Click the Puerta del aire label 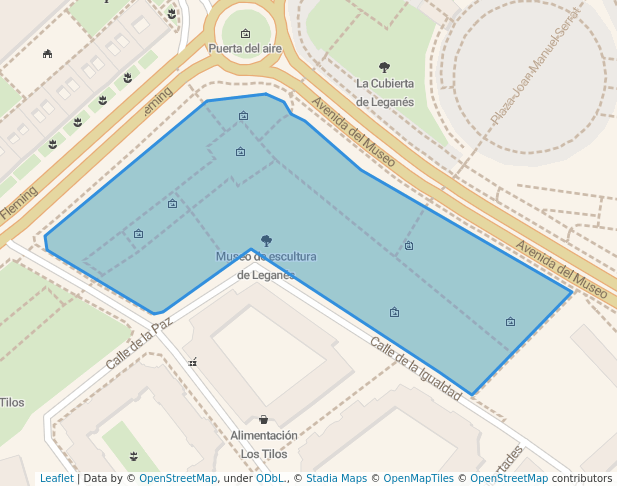pos(245,48)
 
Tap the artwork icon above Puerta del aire pos(245,33)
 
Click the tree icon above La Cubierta pos(385,67)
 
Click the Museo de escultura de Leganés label pos(266,265)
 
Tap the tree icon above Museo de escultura pos(266,240)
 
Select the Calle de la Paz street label pos(139,343)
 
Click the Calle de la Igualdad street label pos(415,368)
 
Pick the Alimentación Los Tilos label pos(263,444)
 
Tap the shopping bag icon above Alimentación pos(263,420)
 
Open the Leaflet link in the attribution pos(56,478)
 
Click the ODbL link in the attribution pos(270,478)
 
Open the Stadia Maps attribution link pos(336,478)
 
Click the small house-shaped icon pos(47,54)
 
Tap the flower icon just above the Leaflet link pos(133,456)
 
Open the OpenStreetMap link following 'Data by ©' pos(178,478)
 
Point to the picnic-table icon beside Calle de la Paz pos(192,362)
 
